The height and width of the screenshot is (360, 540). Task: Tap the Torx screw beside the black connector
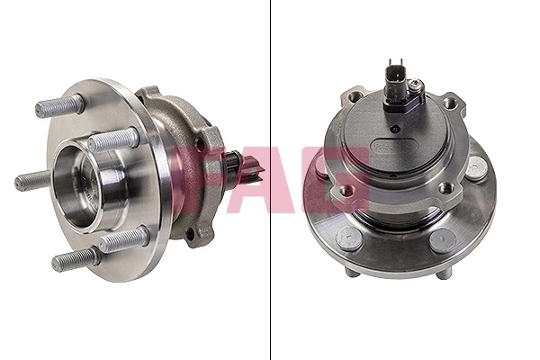click(x=416, y=84)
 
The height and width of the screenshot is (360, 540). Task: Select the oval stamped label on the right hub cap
click(x=395, y=146)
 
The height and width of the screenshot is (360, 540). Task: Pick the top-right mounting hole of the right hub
click(x=449, y=103)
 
